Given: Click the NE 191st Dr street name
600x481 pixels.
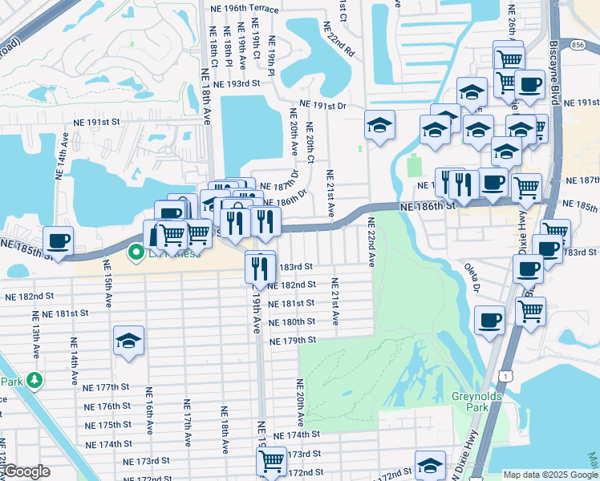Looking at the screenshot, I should tap(322, 105).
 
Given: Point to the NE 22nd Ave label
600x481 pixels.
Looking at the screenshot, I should tap(371, 240).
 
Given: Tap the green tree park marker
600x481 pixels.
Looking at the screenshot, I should tap(34, 378).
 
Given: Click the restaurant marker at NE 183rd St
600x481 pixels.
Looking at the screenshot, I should tap(258, 267).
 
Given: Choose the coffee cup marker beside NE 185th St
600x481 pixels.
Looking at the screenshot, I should tap(58, 240).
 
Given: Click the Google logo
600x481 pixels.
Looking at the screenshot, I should tap(26, 471).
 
